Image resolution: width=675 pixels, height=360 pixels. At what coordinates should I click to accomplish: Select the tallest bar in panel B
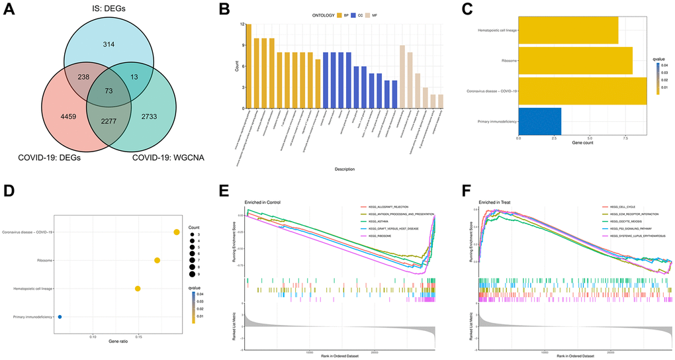249,66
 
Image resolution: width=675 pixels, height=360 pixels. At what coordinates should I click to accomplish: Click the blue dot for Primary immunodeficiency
60,317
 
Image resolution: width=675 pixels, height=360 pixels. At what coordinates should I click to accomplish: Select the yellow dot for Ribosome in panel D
157,261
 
